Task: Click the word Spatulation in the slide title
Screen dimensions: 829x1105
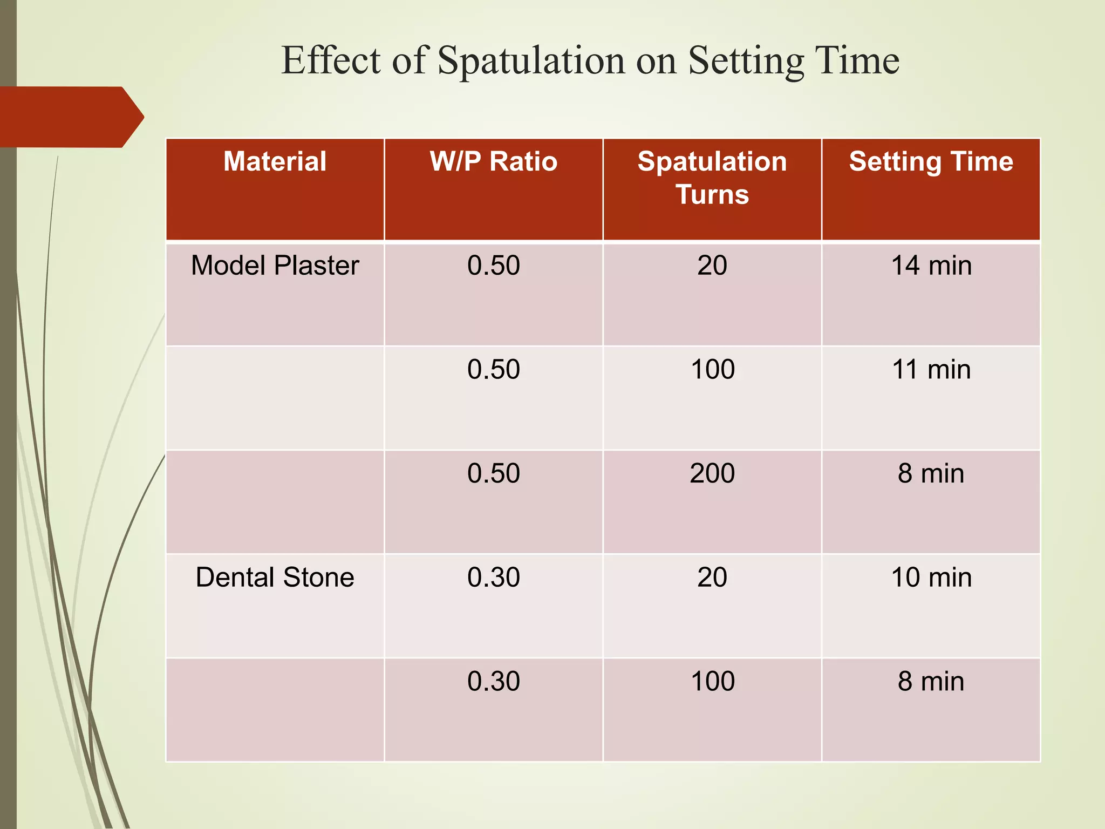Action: click(531, 60)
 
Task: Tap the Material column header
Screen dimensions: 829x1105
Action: click(275, 161)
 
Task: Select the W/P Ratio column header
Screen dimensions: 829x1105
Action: click(493, 161)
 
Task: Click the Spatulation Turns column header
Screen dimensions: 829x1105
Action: click(712, 178)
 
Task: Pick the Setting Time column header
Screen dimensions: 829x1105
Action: click(931, 161)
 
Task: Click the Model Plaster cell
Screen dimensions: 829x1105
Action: click(275, 266)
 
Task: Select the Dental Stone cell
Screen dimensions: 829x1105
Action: click(275, 577)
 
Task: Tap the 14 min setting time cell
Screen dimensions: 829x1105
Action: click(931, 266)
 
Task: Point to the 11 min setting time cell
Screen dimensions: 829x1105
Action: click(931, 370)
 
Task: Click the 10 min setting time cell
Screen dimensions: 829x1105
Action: click(931, 577)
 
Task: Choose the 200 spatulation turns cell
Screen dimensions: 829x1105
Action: click(712, 473)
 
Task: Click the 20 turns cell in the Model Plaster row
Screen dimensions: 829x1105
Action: click(712, 266)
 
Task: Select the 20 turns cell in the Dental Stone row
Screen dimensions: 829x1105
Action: click(712, 577)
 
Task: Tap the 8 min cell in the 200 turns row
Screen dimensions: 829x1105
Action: click(931, 473)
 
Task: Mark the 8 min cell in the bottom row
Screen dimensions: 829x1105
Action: click(931, 682)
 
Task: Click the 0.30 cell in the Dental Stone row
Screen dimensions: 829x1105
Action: click(493, 577)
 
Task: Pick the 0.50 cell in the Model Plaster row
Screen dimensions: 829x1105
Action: click(493, 266)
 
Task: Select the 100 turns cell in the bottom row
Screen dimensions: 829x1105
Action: click(712, 682)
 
